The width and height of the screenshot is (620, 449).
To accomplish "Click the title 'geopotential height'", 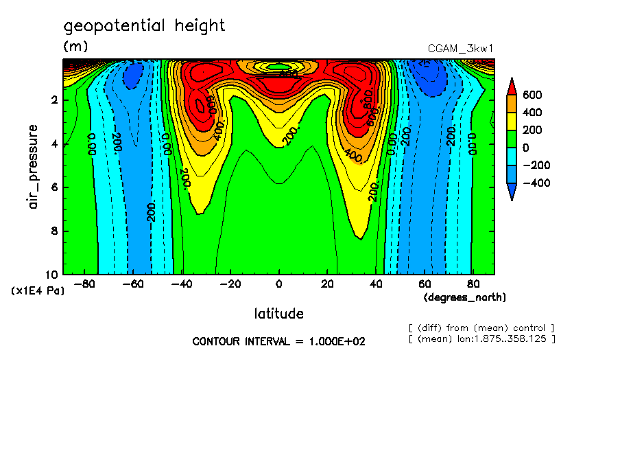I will tap(144, 26).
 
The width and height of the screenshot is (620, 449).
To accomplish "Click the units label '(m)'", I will tap(75, 47).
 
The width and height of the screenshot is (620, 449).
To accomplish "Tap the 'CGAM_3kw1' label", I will tap(460, 49).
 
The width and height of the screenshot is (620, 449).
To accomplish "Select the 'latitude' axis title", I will tap(278, 314).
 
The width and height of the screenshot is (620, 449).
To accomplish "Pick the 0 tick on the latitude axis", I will tap(278, 282).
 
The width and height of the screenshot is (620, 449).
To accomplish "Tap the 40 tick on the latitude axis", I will tap(376, 282).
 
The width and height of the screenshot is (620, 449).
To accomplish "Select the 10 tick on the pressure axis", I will tap(53, 274).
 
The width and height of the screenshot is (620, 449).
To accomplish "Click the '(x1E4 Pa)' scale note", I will tap(38, 291).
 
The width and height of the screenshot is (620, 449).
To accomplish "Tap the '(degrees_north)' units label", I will tap(465, 297).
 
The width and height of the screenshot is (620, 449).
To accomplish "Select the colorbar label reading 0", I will tap(529, 148).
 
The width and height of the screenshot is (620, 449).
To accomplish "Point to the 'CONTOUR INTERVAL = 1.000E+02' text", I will tap(278, 341).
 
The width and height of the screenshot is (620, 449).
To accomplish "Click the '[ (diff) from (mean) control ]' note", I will tap(481, 328).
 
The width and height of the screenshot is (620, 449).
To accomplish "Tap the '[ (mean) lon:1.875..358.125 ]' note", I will tap(481, 339).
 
